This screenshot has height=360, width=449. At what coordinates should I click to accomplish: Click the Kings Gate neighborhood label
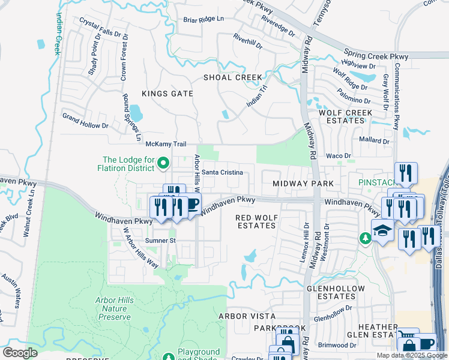tap(167, 94)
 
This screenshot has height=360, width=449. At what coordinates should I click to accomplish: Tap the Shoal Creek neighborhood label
tap(232, 77)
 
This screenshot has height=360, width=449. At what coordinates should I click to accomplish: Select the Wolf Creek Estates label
tap(342, 116)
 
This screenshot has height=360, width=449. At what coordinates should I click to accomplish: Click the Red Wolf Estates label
tap(256, 221)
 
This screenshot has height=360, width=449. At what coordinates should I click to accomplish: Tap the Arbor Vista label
tap(247, 316)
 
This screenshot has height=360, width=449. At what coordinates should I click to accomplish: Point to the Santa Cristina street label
tap(221, 172)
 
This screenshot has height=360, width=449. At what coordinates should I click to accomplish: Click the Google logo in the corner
tap(20, 352)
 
